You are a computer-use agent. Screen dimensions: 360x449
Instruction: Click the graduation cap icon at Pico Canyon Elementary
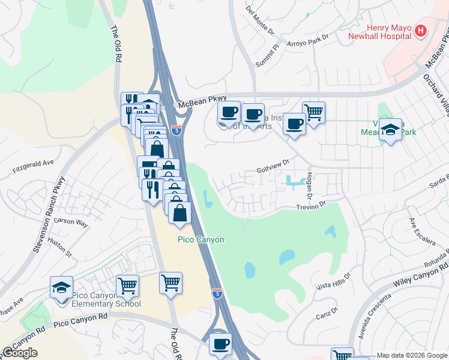click(61, 287)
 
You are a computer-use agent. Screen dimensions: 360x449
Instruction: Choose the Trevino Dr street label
click(310, 204)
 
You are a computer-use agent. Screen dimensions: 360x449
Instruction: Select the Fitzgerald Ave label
click(33, 166)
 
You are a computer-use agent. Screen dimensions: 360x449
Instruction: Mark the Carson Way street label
click(71, 222)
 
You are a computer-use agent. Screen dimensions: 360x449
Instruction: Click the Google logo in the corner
click(20, 353)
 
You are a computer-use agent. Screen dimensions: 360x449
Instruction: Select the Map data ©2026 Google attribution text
click(411, 355)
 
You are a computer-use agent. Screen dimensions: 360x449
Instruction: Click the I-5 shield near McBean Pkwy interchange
click(176, 130)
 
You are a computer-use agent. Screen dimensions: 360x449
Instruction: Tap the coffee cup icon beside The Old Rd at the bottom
click(220, 344)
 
